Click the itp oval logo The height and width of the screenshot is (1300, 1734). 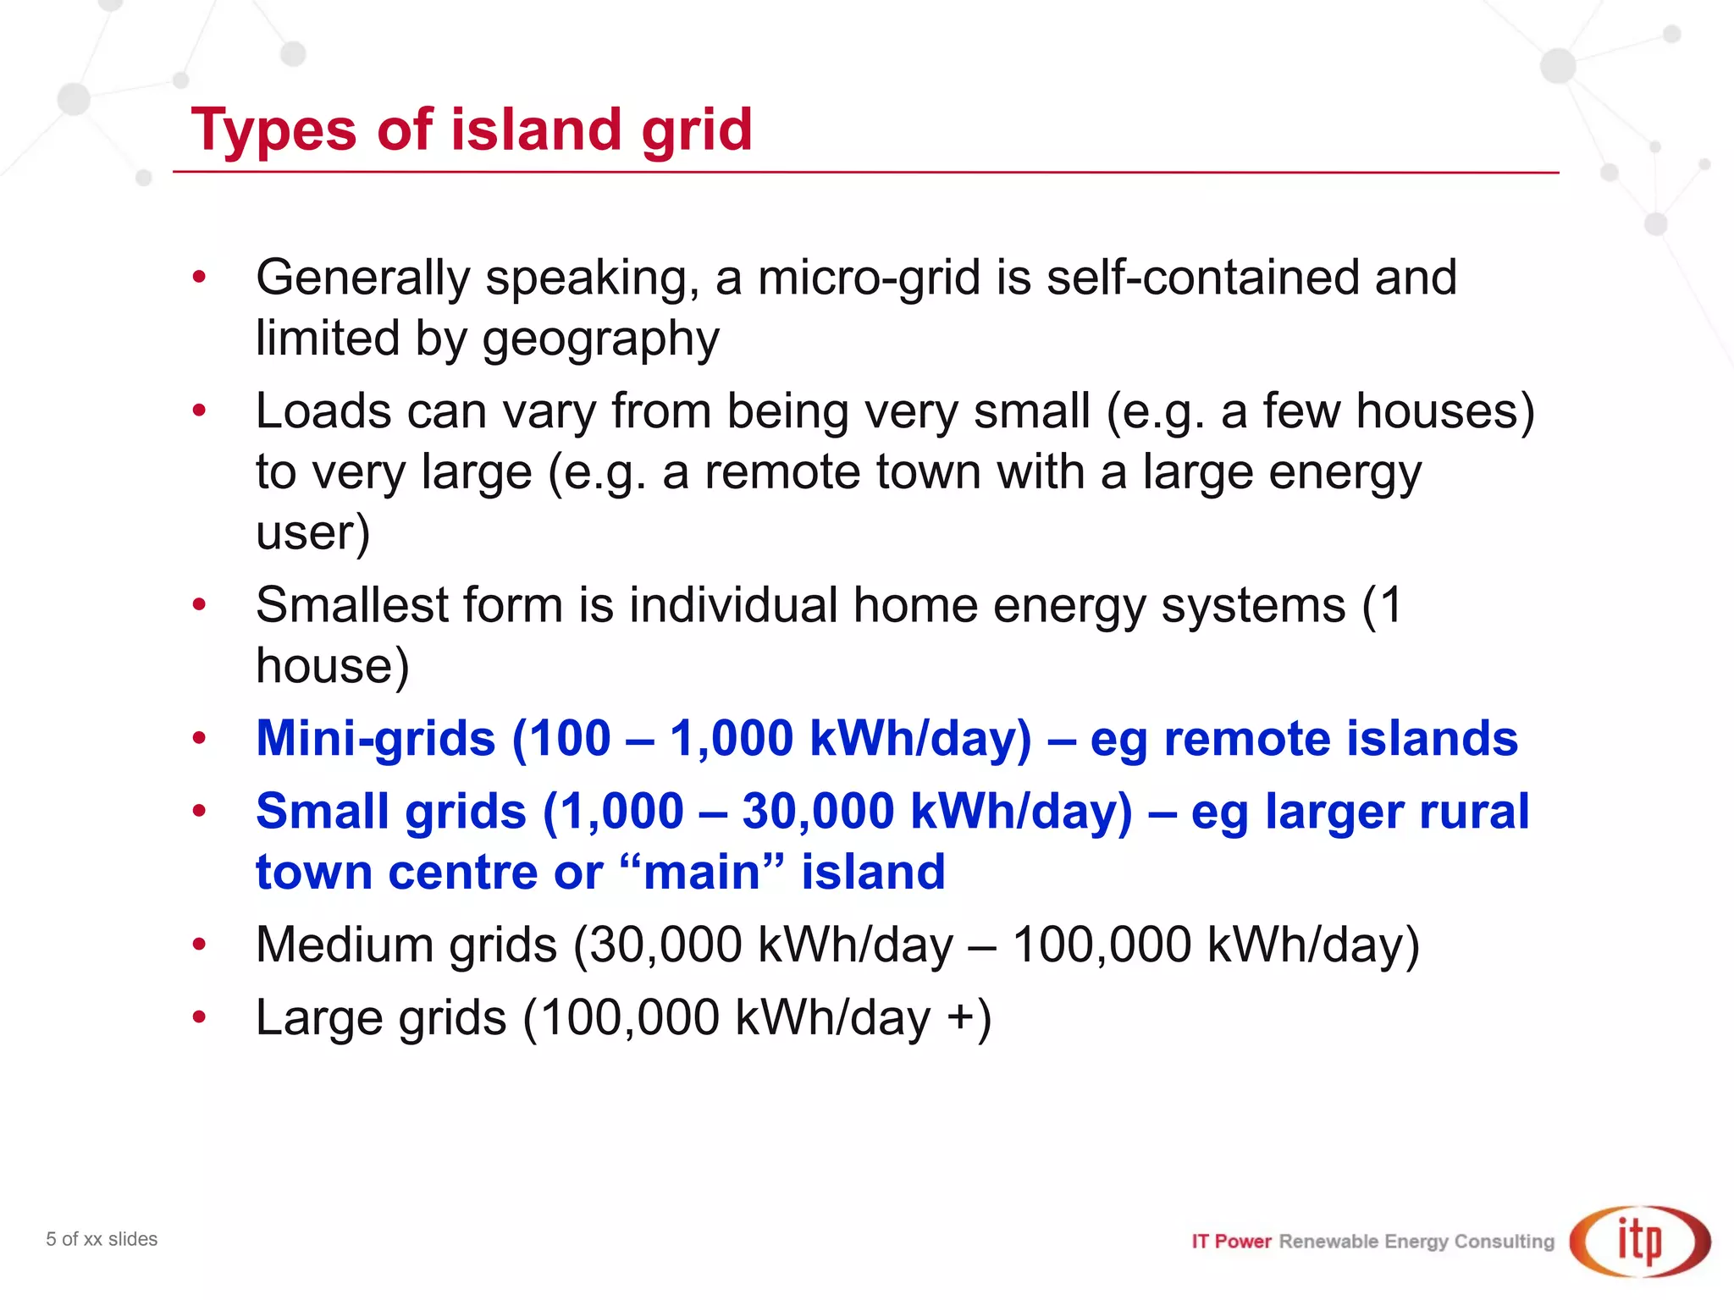tap(1639, 1241)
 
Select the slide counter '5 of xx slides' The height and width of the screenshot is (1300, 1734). tap(102, 1239)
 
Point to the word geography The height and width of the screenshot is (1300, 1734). tap(600, 339)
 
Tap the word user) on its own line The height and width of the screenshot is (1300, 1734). tap(312, 532)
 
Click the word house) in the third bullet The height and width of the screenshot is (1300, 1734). tap(332, 666)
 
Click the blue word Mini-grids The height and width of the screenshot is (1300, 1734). tap(375, 738)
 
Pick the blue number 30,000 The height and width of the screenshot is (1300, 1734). tap(818, 811)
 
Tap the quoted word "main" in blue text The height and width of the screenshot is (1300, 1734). tap(702, 872)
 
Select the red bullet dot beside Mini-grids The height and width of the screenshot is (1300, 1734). tap(199, 738)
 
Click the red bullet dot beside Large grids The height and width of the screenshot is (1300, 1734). tap(199, 1016)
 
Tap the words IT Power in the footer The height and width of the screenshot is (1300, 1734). tap(1231, 1242)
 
